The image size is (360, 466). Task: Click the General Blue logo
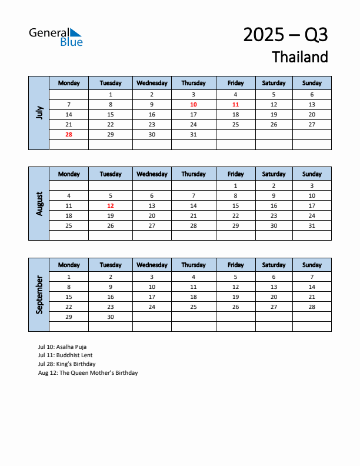[x=56, y=36]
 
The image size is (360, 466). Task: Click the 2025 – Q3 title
[x=285, y=35]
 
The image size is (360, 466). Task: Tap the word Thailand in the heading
[x=300, y=57]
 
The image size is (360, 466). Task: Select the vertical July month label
[x=39, y=112]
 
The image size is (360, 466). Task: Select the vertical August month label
[x=39, y=204]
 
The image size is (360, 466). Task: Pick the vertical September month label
[x=39, y=295]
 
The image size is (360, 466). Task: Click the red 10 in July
[x=194, y=104]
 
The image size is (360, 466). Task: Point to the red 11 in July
[x=235, y=104]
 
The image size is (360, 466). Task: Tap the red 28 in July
[x=69, y=134]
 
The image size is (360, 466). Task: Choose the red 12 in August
[x=111, y=205]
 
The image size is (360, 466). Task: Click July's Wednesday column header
[x=152, y=83]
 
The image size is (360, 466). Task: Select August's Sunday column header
[x=312, y=174]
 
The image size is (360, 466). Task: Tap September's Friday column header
[x=235, y=265]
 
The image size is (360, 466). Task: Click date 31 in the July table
[x=194, y=134]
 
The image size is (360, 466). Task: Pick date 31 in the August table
[x=312, y=225]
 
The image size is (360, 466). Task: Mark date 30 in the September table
[x=111, y=317]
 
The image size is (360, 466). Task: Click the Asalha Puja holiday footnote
[x=62, y=347]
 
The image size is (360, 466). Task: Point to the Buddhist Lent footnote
[x=65, y=355]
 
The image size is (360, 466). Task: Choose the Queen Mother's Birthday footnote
[x=88, y=373]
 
